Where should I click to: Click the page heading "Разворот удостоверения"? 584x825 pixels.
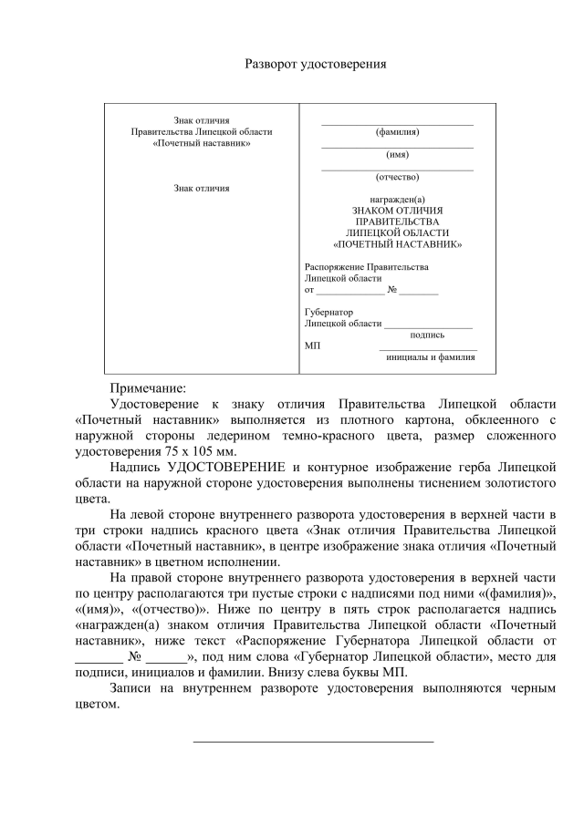[316, 65]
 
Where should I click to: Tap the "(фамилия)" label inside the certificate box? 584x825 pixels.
[397, 132]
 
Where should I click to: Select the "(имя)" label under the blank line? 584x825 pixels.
[397, 155]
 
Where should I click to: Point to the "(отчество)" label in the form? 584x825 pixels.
[397, 177]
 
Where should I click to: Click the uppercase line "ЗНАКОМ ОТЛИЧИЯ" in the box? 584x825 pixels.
[397, 211]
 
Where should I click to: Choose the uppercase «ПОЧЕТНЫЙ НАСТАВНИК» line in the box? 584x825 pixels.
[397, 244]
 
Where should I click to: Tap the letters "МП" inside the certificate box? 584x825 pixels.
[312, 346]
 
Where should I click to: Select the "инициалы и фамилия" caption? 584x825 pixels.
[431, 357]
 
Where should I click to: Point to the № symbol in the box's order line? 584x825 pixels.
[392, 290]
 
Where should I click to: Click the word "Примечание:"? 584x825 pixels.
[147, 387]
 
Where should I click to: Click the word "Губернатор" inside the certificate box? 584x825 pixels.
[328, 312]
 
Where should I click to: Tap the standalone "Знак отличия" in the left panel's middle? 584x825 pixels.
[202, 188]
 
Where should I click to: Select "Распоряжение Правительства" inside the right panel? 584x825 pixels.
[366, 267]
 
